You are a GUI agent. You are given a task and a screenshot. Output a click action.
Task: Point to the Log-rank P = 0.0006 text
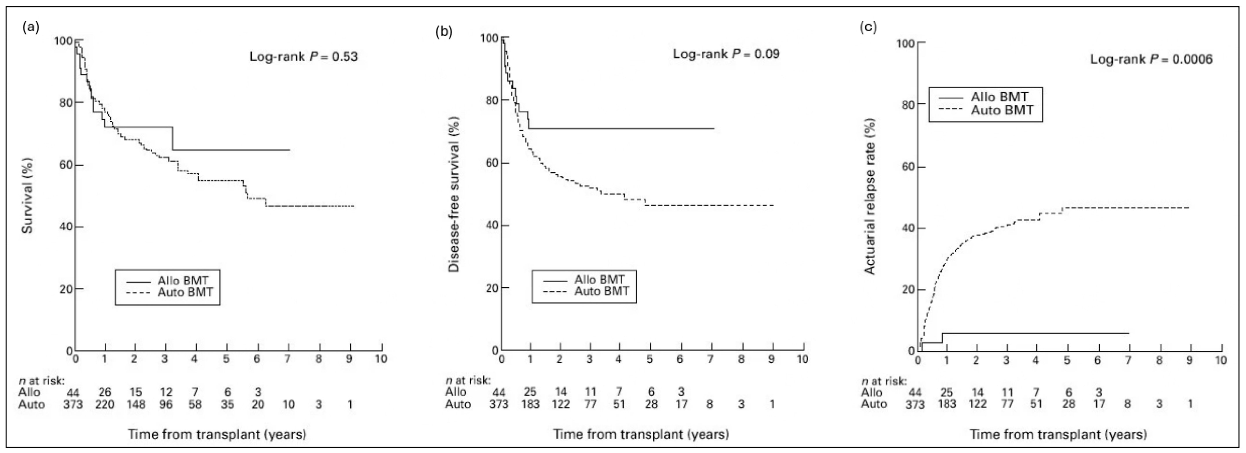coord(1151,59)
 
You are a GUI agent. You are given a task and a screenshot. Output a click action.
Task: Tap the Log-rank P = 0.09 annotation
coord(726,54)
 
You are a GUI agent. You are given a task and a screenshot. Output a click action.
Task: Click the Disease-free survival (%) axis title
coord(454,194)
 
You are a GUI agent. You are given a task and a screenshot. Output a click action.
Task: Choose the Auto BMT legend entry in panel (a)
coord(185,292)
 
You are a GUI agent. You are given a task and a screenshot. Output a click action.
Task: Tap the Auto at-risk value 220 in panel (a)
coord(105,404)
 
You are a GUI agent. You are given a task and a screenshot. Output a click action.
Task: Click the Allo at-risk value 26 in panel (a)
coord(105,392)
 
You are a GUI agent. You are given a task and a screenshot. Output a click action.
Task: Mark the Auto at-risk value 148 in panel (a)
coord(136,404)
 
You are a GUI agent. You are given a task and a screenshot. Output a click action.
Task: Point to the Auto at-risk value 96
coord(166,404)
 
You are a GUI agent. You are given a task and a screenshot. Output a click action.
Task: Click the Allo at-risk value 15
coord(136,392)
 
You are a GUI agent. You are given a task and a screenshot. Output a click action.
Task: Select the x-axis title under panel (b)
coord(641,434)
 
